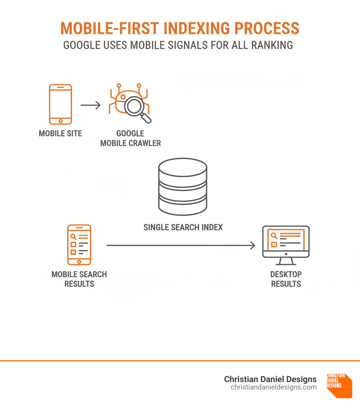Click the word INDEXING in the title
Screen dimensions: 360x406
[197, 28]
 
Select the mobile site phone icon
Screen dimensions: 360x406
[60, 104]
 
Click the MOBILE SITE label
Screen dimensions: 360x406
[60, 133]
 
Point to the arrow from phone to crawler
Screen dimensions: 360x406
[90, 105]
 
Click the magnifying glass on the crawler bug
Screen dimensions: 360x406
[137, 109]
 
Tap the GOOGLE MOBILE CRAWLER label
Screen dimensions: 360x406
[130, 138]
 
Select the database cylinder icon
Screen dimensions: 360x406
[183, 187]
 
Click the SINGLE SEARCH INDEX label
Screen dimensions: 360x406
[183, 227]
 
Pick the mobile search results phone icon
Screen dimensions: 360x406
[79, 245]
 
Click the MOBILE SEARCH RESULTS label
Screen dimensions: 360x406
[79, 279]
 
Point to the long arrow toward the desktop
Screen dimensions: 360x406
[181, 245]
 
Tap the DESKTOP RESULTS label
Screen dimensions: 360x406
[286, 279]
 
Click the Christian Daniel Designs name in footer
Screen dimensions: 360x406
[270, 379]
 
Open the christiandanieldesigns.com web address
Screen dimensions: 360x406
[274, 387]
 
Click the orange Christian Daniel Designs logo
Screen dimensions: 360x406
[339, 385]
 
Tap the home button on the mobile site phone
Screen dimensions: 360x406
[60, 121]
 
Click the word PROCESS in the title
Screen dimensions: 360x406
[267, 28]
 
